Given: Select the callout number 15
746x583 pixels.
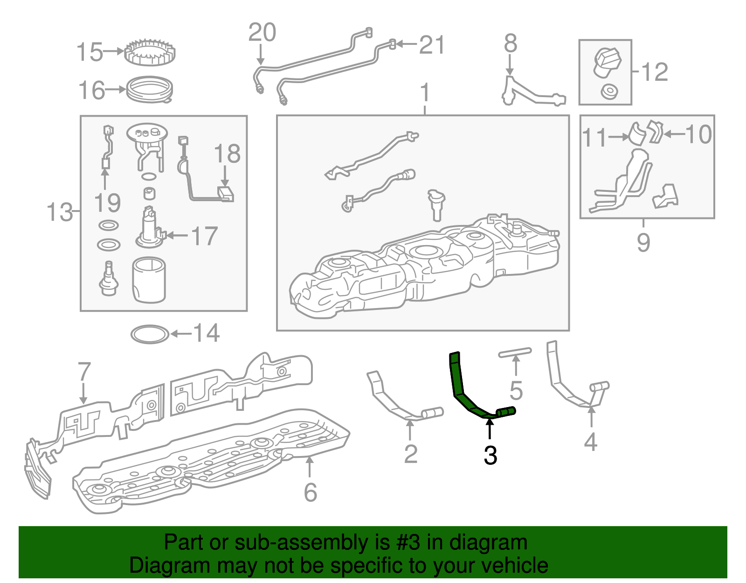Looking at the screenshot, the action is (x=90, y=52).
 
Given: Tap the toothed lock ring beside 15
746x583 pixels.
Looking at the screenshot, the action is (x=150, y=52).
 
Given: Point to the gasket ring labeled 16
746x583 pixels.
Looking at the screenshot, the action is (x=150, y=90).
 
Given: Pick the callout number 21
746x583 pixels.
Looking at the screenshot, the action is (x=432, y=45).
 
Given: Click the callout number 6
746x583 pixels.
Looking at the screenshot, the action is (x=311, y=492).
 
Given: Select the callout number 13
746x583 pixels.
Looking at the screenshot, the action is (x=59, y=211).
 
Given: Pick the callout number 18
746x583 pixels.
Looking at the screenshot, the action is (x=227, y=153).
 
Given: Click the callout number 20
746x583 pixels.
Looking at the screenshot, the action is (x=262, y=32).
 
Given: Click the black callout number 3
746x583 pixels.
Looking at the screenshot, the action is (x=490, y=455).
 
